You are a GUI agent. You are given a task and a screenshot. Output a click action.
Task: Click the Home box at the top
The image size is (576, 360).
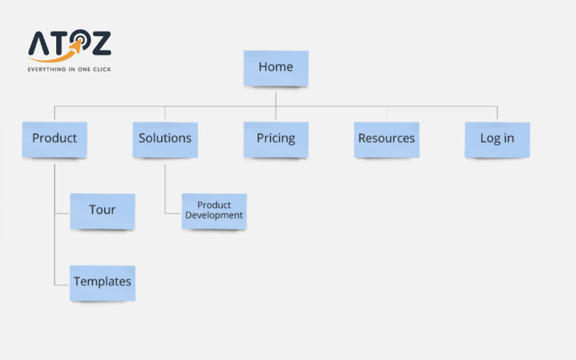276,68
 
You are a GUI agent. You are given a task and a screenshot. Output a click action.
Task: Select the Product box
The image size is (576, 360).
55,138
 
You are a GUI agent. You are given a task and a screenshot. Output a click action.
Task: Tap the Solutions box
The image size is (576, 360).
165,138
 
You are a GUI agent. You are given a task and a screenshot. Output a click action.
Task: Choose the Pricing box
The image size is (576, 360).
276,138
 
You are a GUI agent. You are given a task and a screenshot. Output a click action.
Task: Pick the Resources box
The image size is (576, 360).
387,138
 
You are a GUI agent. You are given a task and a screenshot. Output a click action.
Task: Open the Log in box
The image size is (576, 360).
497,138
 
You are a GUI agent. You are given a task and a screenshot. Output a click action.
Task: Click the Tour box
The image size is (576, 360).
102,210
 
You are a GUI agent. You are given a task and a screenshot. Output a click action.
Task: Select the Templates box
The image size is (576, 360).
102,282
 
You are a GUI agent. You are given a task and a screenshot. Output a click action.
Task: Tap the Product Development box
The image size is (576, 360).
214,210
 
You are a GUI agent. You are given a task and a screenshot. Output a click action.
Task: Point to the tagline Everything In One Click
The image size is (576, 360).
69,70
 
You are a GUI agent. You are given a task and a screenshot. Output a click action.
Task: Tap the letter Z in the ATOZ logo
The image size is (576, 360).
100,44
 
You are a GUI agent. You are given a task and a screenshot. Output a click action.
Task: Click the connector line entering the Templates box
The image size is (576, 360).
62,284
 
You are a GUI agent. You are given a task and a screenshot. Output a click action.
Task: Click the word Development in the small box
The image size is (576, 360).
214,215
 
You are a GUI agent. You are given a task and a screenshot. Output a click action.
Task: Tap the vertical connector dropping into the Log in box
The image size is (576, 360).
497,113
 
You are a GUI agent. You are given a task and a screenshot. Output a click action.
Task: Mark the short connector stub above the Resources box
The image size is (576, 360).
387,113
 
